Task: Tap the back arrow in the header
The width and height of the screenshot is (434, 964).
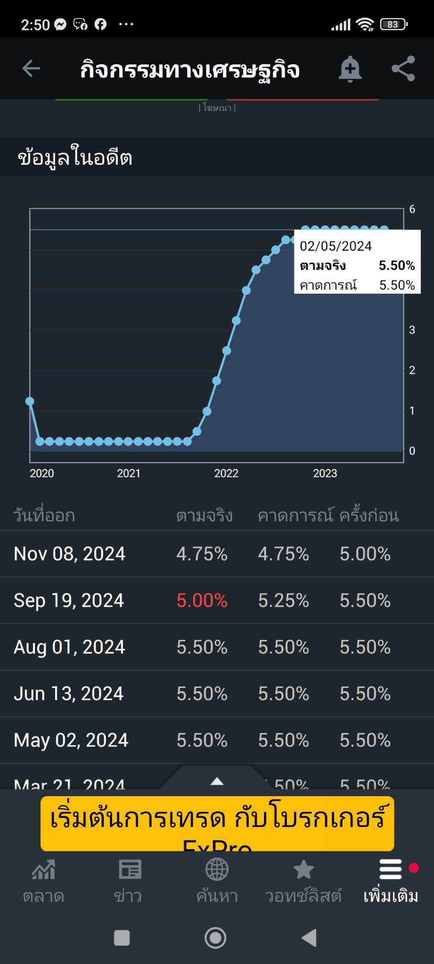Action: click(x=31, y=68)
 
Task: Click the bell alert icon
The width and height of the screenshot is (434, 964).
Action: click(x=350, y=69)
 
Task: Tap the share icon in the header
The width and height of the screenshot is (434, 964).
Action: click(x=403, y=69)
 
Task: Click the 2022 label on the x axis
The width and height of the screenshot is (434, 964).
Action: click(x=226, y=473)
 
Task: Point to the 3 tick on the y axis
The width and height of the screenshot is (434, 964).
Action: click(x=412, y=330)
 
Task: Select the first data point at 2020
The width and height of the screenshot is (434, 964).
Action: click(x=30, y=401)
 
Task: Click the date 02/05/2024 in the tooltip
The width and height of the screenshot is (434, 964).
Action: click(x=335, y=246)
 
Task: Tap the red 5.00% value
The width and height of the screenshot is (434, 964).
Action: click(x=202, y=601)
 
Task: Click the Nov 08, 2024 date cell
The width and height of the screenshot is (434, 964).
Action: click(x=69, y=554)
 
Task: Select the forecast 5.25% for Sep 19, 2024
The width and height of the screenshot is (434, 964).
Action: click(x=283, y=601)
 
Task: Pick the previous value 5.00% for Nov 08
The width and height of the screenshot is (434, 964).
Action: click(x=365, y=554)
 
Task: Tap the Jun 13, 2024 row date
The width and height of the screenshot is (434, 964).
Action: click(x=68, y=694)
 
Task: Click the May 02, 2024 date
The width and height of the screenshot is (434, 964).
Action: click(x=71, y=740)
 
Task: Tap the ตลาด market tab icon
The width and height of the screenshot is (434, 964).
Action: click(x=44, y=870)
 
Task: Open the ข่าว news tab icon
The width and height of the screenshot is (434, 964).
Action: click(x=129, y=870)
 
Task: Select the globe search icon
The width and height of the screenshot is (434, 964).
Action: click(x=216, y=870)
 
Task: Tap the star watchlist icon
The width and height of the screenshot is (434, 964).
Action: click(x=303, y=870)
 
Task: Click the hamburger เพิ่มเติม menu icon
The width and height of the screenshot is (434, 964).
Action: click(x=390, y=869)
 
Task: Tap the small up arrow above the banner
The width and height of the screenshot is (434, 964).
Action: click(x=217, y=781)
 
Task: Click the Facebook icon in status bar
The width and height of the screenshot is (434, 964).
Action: click(x=101, y=24)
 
